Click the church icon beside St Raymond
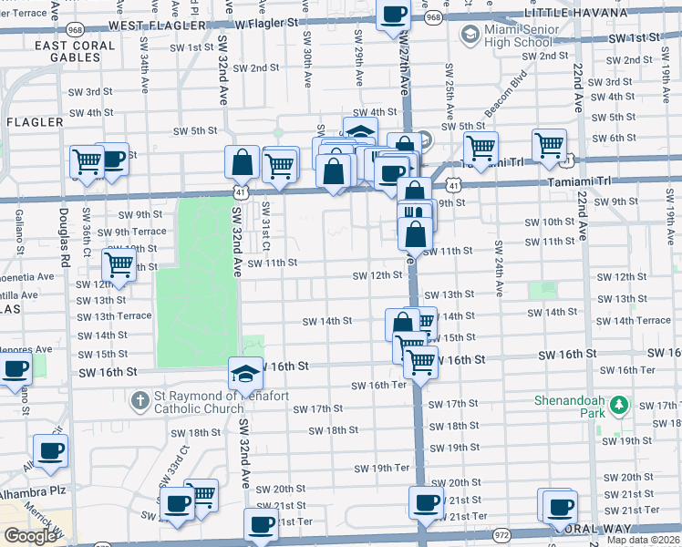139,400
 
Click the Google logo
30,536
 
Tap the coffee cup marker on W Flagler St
394,15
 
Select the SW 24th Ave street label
499,269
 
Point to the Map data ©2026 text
643,540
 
